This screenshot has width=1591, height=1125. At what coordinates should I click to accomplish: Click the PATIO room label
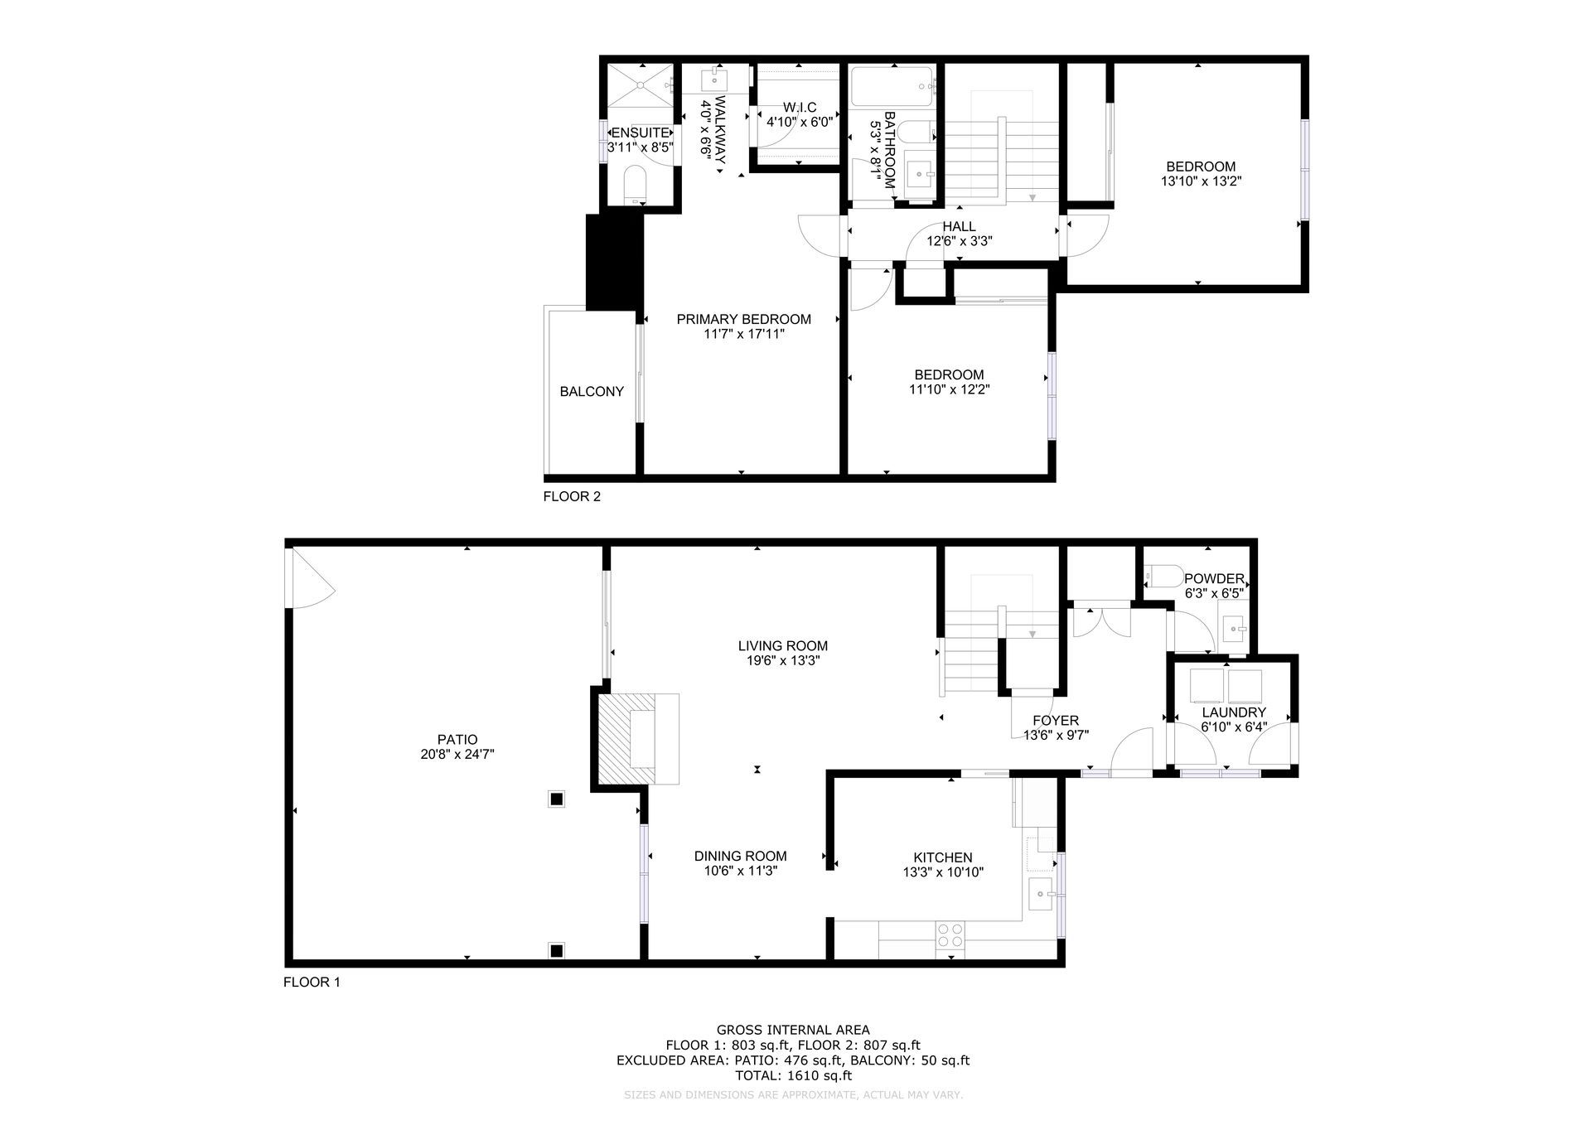457,740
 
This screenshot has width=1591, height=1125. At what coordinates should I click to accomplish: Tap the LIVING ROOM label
783,646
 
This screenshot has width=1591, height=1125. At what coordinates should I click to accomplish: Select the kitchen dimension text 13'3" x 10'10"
943,872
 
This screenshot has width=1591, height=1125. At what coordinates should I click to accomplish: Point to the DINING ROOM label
741,857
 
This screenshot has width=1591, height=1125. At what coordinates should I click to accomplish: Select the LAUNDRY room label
1234,712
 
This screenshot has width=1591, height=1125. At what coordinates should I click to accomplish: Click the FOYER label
1056,721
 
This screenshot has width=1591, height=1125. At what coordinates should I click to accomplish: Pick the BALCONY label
592,392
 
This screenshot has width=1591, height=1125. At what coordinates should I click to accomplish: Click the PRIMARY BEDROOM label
744,319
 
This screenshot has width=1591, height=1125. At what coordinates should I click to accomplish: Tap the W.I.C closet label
800,108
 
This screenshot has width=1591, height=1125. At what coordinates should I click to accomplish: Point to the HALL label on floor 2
959,227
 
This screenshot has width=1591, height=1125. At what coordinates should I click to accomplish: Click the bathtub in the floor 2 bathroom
893,85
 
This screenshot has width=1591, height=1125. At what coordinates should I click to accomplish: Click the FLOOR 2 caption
572,497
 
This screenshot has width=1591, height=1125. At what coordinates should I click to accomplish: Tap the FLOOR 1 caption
312,983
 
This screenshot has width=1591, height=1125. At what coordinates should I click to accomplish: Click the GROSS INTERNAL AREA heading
793,1031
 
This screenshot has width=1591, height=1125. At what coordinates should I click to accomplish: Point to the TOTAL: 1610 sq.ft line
793,1075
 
